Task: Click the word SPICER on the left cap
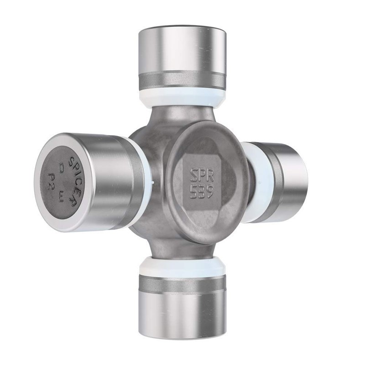click(x=76, y=181)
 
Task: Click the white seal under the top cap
click(x=182, y=97)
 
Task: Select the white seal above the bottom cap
click(x=182, y=267)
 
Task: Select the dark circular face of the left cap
click(x=59, y=182)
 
